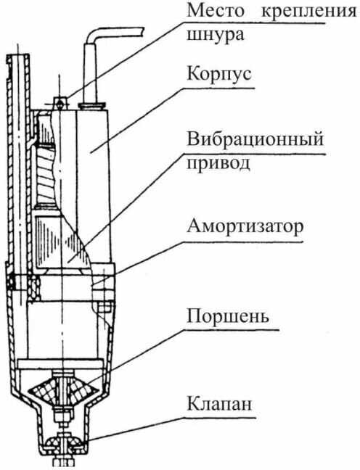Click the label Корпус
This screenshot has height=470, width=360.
(x=219, y=74)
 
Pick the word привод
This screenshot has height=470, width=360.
(x=218, y=164)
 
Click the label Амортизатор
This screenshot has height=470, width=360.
(x=245, y=227)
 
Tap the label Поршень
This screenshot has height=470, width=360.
(x=228, y=316)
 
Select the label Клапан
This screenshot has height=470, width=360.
(x=219, y=404)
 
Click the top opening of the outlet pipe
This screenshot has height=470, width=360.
(x=18, y=56)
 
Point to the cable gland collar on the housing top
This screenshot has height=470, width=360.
(x=92, y=105)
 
